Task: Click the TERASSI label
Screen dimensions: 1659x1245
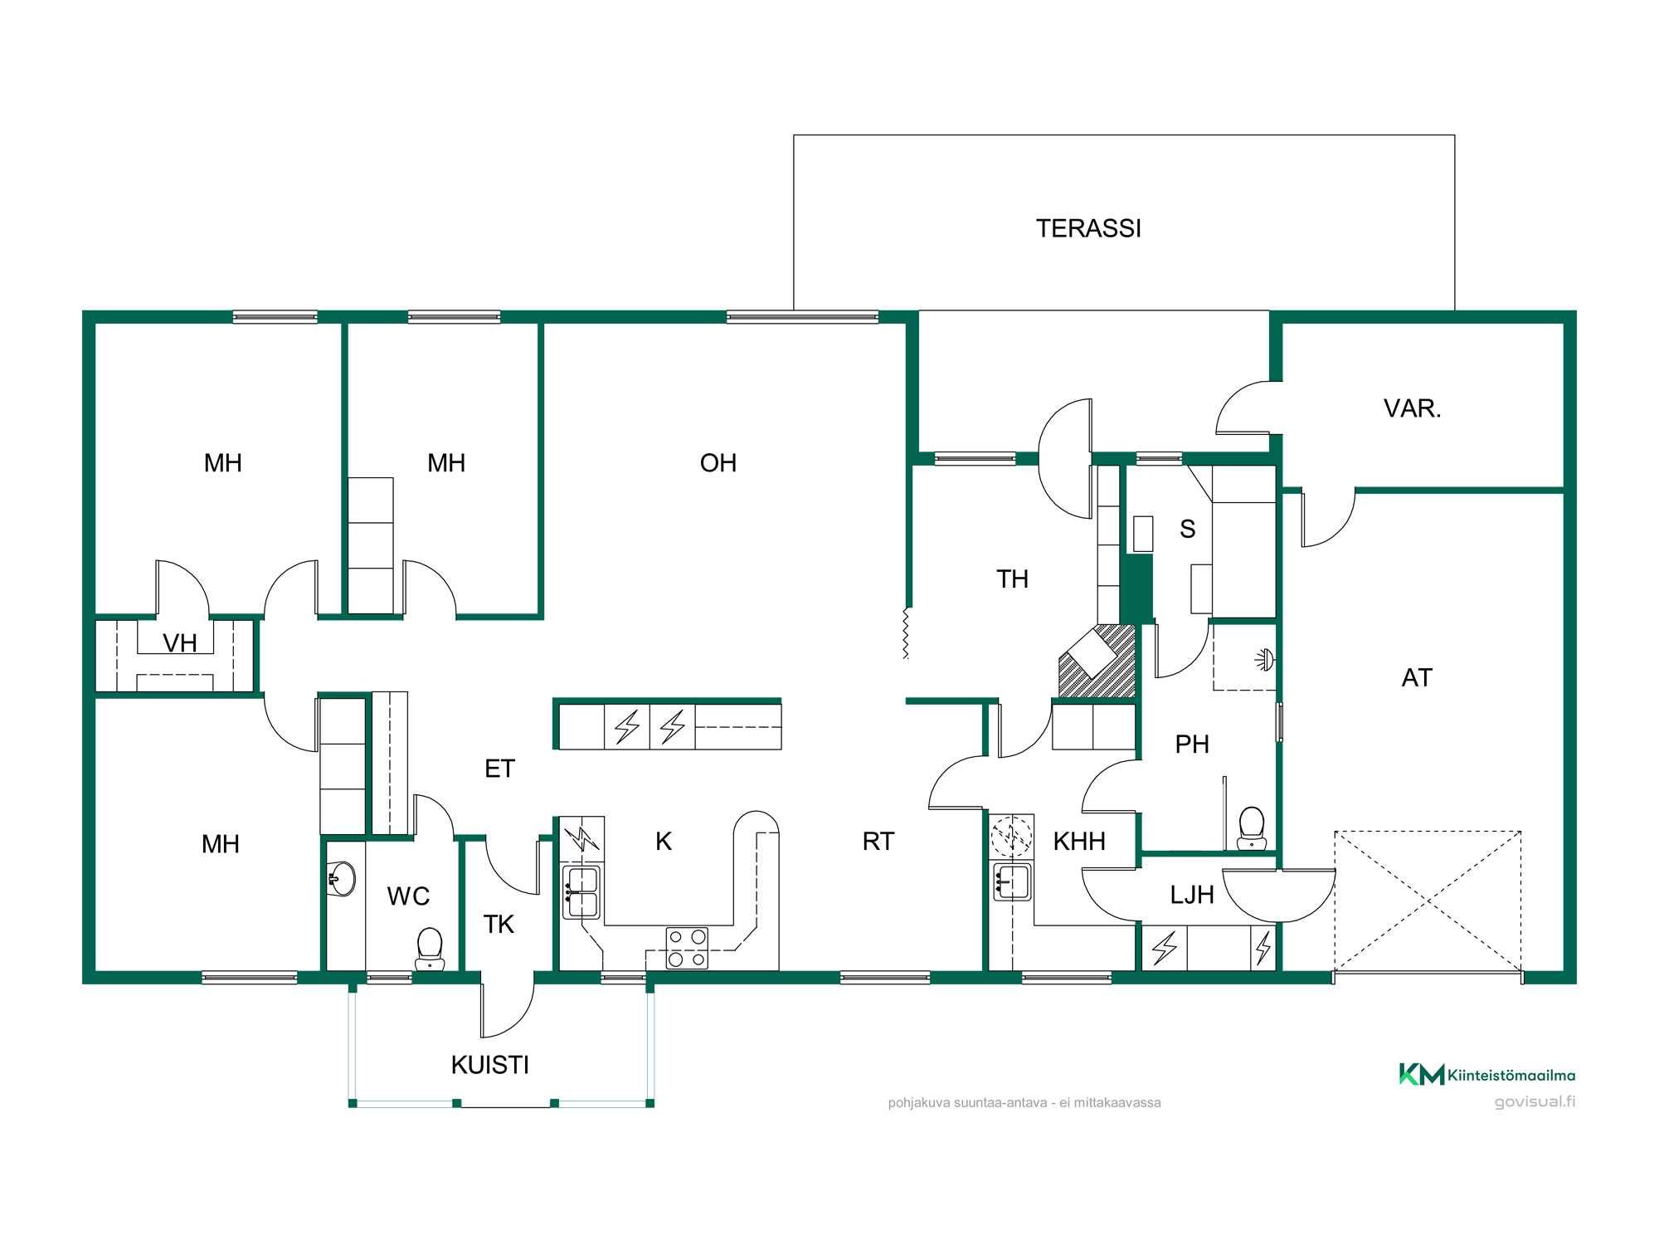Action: pyautogui.click(x=1088, y=228)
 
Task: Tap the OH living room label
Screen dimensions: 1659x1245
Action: pyautogui.click(x=718, y=463)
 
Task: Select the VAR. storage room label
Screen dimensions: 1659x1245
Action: pyautogui.click(x=1413, y=408)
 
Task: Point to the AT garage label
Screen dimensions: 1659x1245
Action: pyautogui.click(x=1417, y=678)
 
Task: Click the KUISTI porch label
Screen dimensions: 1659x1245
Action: pyautogui.click(x=490, y=1065)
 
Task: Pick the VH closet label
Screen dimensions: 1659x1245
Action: pyautogui.click(x=180, y=643)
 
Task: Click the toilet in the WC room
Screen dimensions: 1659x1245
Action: pyautogui.click(x=430, y=949)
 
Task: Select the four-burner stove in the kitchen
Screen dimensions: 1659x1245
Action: pyautogui.click(x=688, y=948)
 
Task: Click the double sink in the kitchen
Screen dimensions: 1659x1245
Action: pyautogui.click(x=581, y=892)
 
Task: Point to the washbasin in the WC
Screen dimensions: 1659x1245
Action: pyautogui.click(x=342, y=879)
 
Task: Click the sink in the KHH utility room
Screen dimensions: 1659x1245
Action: pyautogui.click(x=1012, y=881)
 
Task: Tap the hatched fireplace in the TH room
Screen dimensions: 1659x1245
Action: pyautogui.click(x=1097, y=661)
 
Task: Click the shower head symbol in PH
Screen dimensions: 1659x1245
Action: pyautogui.click(x=1264, y=660)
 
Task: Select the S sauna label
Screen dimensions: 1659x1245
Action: pyautogui.click(x=1188, y=529)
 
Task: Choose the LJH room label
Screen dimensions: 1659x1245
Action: pyautogui.click(x=1192, y=895)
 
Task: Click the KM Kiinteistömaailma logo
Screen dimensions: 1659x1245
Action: pyautogui.click(x=1487, y=1075)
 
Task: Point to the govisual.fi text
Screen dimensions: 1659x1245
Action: pyautogui.click(x=1535, y=1101)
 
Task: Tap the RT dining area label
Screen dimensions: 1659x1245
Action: pyautogui.click(x=878, y=842)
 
